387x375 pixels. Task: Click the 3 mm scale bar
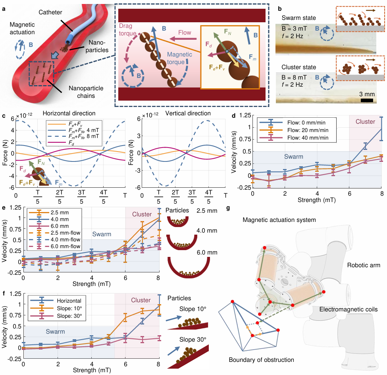click(367, 100)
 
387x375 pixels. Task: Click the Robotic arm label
click(363, 265)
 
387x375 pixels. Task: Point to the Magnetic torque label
click(181, 58)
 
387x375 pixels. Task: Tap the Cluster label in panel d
click(365, 122)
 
